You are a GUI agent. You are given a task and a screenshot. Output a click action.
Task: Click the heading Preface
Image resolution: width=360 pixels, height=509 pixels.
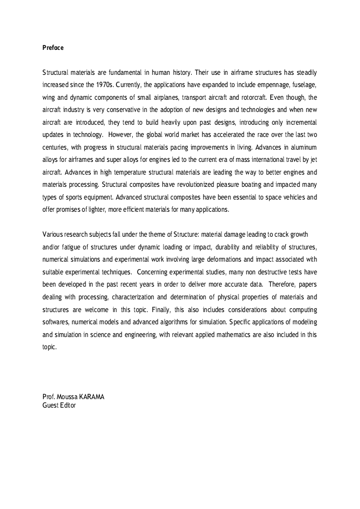[x=53, y=48]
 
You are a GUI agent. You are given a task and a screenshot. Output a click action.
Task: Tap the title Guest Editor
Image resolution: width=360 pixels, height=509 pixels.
[x=59, y=406]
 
